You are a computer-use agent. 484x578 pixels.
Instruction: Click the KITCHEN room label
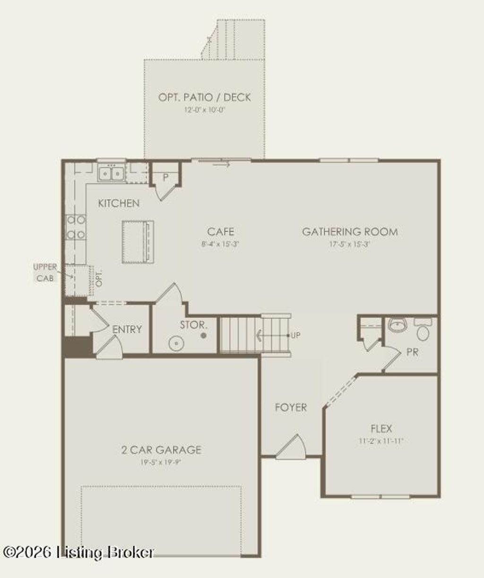119,204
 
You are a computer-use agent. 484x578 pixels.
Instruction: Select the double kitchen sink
111,174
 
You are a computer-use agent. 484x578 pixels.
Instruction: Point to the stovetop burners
76,227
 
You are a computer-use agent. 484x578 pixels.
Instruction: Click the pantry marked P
166,177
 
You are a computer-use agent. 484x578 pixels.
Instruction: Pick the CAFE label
220,232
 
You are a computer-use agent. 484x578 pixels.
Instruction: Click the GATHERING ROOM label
350,232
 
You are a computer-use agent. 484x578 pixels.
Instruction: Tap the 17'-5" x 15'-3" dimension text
350,245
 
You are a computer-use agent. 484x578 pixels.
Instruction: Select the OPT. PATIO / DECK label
205,97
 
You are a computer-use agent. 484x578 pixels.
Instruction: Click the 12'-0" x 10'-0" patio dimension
205,110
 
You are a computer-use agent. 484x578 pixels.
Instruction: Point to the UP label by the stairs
296,336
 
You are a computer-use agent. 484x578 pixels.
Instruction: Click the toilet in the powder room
423,331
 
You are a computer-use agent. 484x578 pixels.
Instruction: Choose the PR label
412,352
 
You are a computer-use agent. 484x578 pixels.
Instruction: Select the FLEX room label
381,429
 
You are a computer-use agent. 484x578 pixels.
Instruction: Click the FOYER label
291,408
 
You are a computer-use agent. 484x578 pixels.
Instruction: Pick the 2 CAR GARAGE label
161,450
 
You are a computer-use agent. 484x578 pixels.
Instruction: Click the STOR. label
193,325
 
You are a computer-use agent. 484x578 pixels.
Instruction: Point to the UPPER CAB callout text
45,272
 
